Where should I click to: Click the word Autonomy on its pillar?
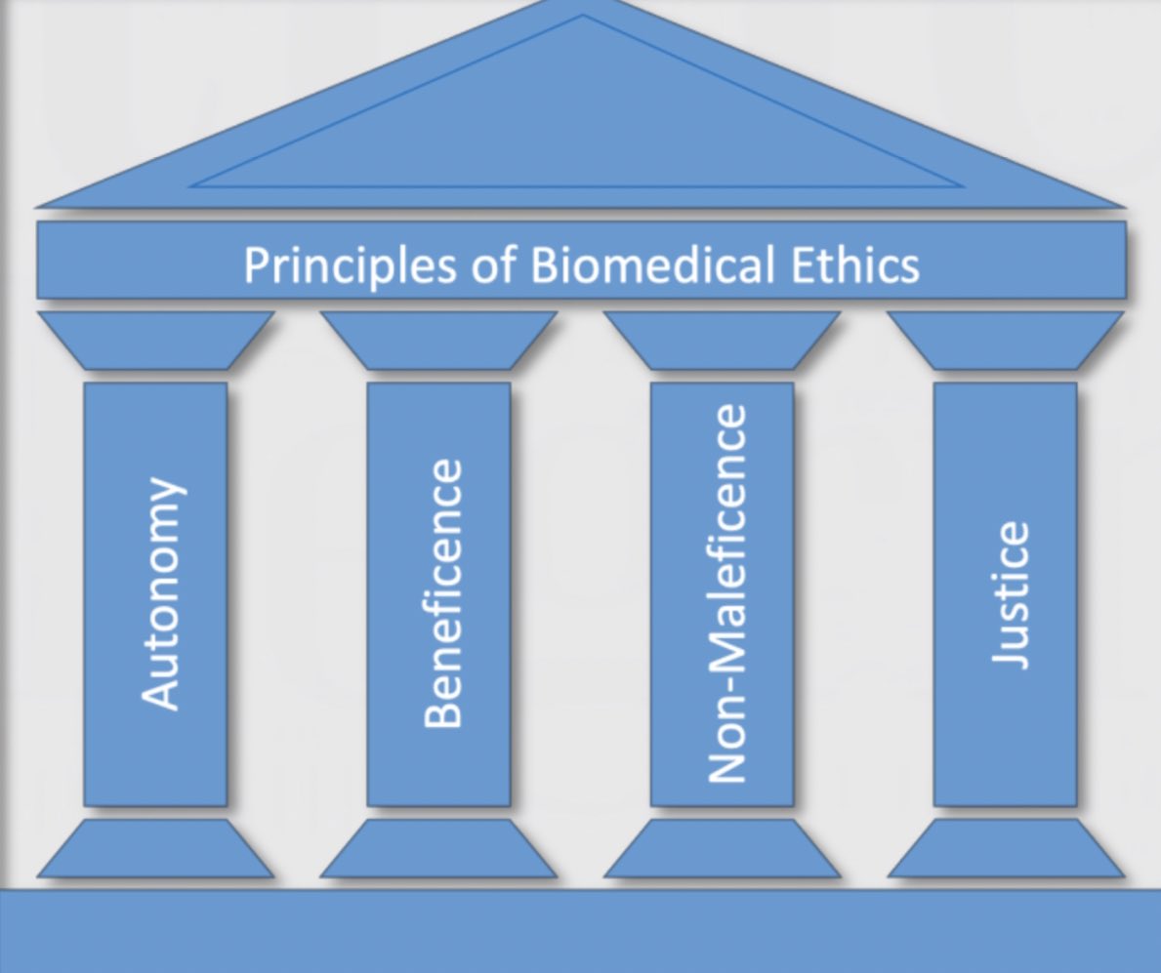pyautogui.click(x=160, y=592)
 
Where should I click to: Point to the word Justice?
pyautogui.click(x=1009, y=594)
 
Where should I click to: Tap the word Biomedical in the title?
pyautogui.click(x=643, y=264)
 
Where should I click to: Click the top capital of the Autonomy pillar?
pyautogui.click(x=156, y=341)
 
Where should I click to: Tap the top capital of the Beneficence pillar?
pyautogui.click(x=438, y=341)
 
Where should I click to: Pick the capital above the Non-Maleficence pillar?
pyautogui.click(x=722, y=341)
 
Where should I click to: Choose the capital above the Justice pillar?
pyautogui.click(x=1005, y=341)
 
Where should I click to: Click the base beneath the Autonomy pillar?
pyautogui.click(x=156, y=848)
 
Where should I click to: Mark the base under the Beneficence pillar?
pyautogui.click(x=438, y=848)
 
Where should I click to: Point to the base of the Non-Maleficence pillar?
pyautogui.click(x=722, y=848)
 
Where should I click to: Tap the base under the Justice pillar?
pyautogui.click(x=1005, y=848)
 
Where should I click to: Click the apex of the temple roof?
pyautogui.click(x=583, y=8)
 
